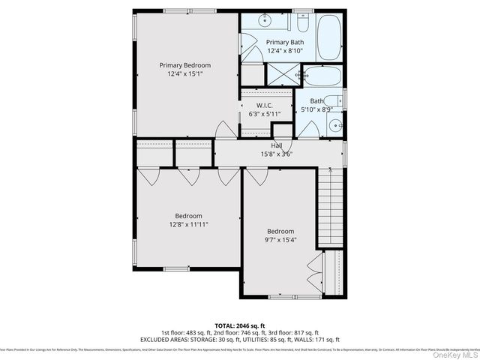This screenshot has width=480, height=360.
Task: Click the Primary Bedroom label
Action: (184, 65)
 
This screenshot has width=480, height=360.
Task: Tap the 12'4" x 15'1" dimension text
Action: (184, 75)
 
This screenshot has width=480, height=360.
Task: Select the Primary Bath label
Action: (285, 42)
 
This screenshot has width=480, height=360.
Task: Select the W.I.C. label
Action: (264, 105)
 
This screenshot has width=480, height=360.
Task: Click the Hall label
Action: (277, 145)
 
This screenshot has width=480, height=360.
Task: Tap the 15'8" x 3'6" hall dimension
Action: (276, 154)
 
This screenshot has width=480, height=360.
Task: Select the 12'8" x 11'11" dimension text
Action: (184, 224)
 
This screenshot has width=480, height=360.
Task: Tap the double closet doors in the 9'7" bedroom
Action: (313, 274)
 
